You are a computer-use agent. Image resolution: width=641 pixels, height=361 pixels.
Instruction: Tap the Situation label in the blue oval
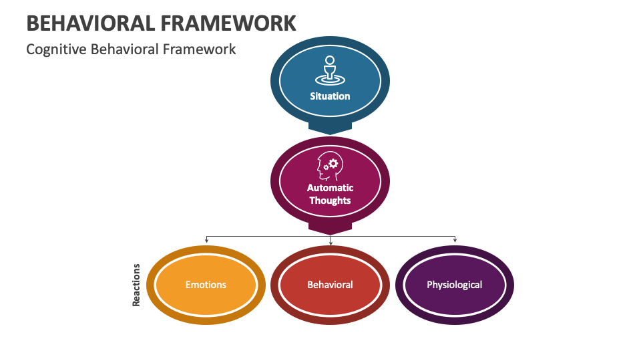coord(330,96)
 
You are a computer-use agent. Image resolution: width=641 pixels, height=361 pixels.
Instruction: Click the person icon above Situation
coord(329,70)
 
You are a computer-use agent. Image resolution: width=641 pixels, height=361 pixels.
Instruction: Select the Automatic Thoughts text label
coord(330,194)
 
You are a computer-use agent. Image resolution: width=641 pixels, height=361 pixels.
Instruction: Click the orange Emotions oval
coord(206,285)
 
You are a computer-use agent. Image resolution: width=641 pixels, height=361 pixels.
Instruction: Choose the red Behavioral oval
coord(330,285)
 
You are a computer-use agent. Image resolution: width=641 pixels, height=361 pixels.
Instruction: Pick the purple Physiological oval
coord(455,285)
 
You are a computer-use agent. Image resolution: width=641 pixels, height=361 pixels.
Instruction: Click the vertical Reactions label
coord(136,285)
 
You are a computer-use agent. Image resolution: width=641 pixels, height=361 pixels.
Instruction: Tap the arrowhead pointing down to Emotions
coord(206,239)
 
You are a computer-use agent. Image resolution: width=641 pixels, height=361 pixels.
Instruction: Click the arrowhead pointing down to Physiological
coord(455,239)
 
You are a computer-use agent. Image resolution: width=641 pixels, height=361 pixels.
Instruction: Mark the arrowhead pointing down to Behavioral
coord(331,241)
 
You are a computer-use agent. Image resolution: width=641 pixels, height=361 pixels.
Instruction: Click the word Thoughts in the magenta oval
coord(330,201)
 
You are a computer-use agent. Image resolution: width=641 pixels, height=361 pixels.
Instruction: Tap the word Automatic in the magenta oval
coord(330,188)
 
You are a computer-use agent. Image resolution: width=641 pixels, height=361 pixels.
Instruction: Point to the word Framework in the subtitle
coord(204,49)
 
